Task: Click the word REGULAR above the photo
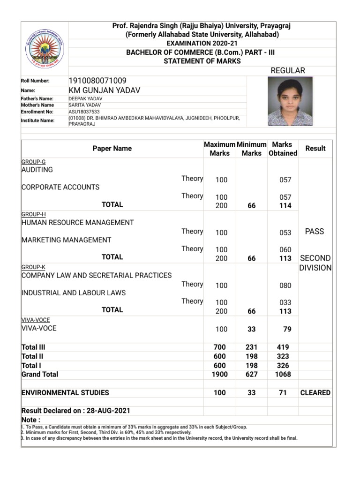point(288,70)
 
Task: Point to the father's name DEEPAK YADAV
point(85,99)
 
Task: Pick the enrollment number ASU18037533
point(84,112)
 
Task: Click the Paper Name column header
point(112,149)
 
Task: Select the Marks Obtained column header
point(283,149)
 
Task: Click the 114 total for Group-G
point(285,206)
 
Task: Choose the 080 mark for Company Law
point(285,285)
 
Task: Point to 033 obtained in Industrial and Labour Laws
point(285,303)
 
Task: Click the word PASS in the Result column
point(314,232)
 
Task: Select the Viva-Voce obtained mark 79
point(287,330)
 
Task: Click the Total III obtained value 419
point(283,347)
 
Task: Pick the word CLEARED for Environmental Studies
point(315,393)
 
